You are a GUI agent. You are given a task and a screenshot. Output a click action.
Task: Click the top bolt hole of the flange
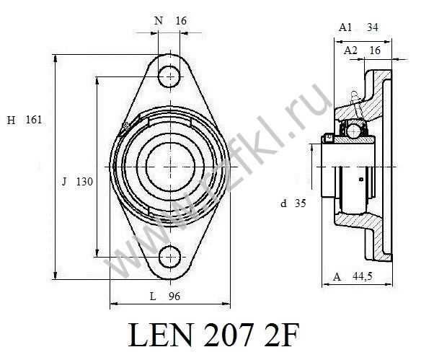coord(170,76)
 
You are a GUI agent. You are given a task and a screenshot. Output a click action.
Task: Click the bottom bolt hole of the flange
coord(170,256)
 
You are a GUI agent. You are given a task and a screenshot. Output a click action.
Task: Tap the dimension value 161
coord(34,120)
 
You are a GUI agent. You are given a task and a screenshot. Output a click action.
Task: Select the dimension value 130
coord(84,182)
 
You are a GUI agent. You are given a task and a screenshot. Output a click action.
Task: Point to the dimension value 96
coord(174,297)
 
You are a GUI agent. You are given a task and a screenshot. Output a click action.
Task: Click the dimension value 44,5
coord(363,276)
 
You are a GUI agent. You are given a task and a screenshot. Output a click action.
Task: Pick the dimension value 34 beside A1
coord(373,27)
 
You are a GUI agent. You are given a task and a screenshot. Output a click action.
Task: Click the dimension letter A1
coord(345,27)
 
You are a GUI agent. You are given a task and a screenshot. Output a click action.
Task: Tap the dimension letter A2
coord(350,51)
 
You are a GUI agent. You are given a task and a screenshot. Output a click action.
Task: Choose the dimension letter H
coord(11,120)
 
